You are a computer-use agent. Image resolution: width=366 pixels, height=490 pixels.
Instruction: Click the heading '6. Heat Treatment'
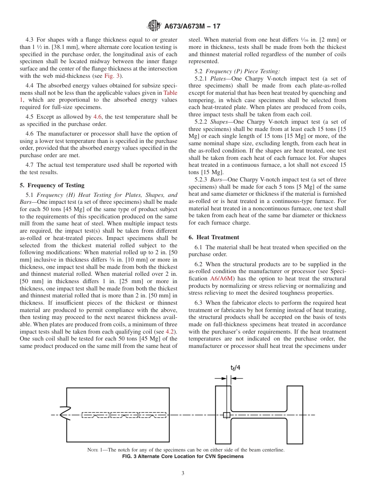pos(214,237)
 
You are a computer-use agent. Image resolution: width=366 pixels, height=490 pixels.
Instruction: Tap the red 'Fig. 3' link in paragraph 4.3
pos(112,76)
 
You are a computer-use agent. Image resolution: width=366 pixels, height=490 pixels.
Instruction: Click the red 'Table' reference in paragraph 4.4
pos(170,93)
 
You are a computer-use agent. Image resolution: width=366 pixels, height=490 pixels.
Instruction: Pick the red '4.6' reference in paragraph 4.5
pos(98,117)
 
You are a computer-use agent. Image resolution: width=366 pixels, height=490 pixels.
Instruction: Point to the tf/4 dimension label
pos(235,367)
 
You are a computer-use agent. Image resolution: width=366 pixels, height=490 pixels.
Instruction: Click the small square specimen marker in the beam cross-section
pos(227,415)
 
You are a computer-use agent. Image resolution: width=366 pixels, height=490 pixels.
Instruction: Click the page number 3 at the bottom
pos(183,473)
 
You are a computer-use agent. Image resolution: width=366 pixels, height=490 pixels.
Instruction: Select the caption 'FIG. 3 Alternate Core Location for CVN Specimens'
pos(183,456)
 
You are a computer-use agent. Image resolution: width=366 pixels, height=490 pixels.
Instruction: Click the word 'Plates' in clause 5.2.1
pos(218,79)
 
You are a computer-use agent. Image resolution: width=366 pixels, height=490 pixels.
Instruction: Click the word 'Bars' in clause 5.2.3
pos(216,180)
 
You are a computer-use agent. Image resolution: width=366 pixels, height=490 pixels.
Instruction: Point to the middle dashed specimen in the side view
pos(124,415)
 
